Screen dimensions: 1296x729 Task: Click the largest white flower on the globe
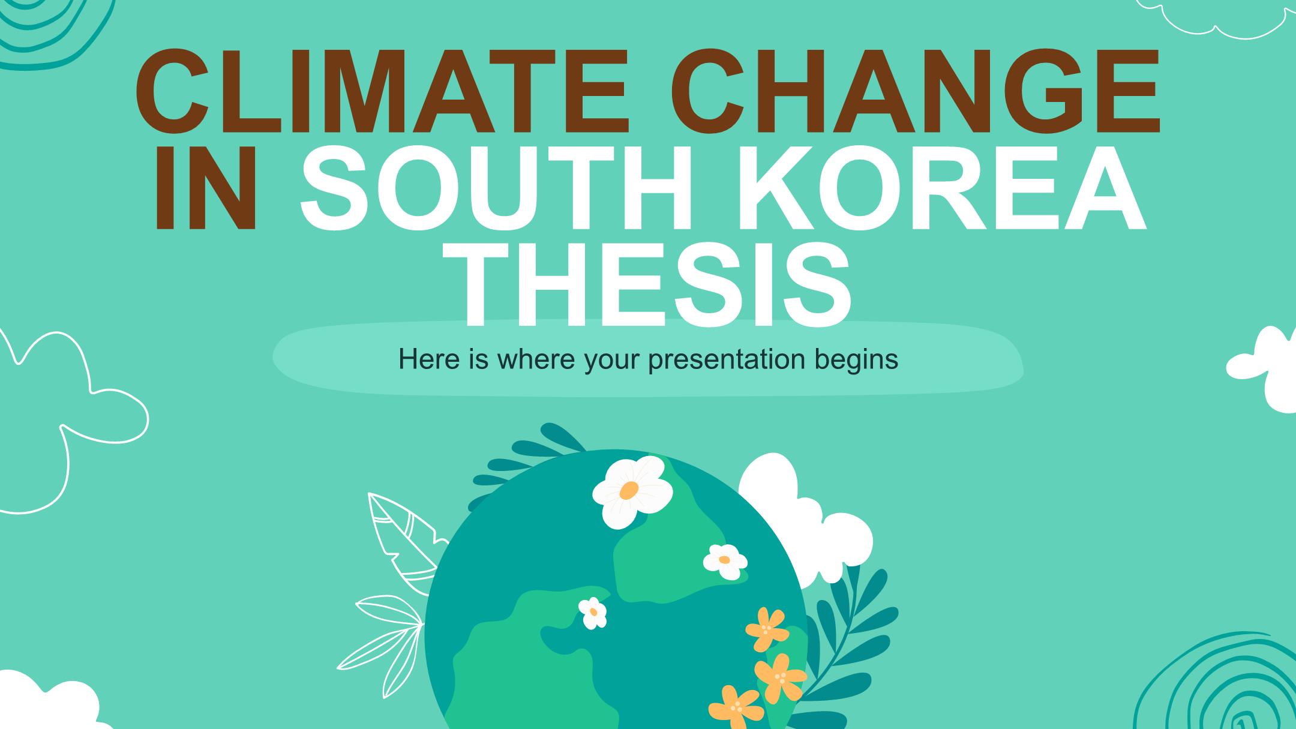[632, 490]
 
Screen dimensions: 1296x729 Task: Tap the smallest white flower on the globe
[593, 613]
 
